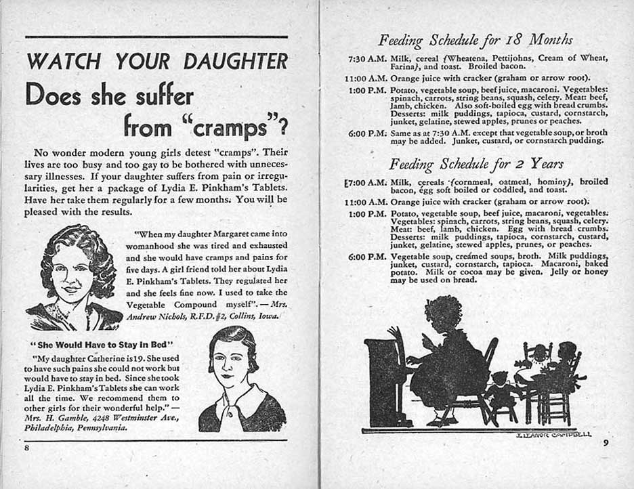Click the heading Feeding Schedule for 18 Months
coord(475,39)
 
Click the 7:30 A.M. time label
coord(366,58)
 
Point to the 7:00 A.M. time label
coord(366,182)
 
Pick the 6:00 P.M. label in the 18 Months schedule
coord(366,133)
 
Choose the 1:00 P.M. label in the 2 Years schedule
coord(366,214)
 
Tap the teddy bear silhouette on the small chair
coord(501,393)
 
